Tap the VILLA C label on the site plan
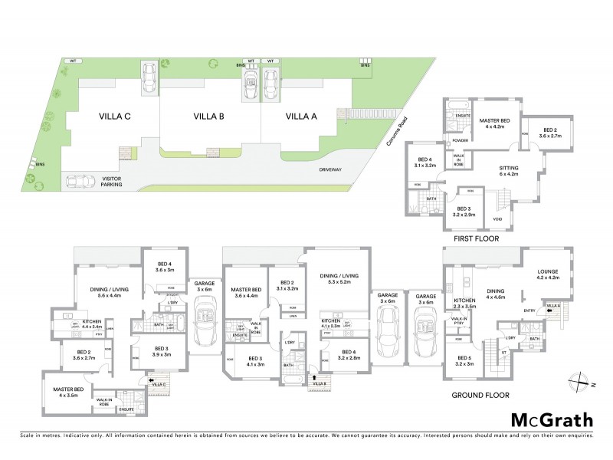point(115,117)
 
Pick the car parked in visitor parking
point(84,182)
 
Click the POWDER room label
point(461,140)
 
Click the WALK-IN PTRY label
point(460,320)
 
